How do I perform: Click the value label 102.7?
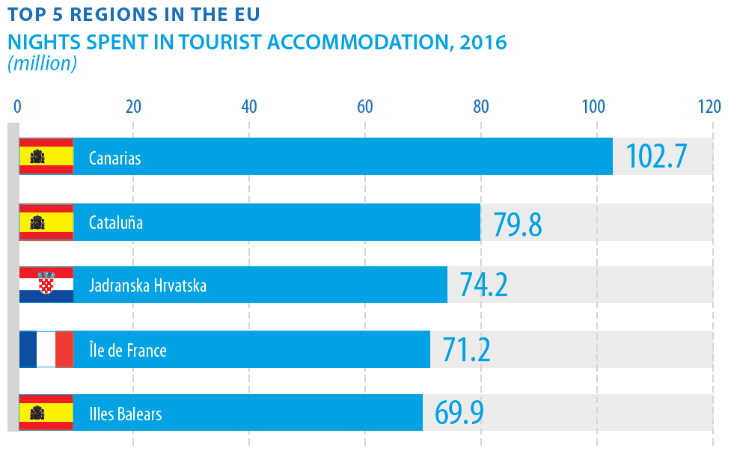click(x=655, y=156)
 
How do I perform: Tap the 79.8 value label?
click(x=517, y=223)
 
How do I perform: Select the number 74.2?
click(x=483, y=286)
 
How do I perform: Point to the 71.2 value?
click(x=466, y=349)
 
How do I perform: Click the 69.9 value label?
click(x=459, y=413)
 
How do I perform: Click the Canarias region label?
click(x=114, y=159)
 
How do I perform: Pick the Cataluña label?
click(x=115, y=223)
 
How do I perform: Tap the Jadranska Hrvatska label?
click(x=147, y=286)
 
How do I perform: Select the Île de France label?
click(x=127, y=350)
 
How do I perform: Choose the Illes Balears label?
click(x=125, y=414)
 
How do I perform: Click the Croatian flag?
click(x=46, y=285)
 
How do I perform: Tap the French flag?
click(x=46, y=349)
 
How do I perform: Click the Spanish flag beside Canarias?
click(x=46, y=156)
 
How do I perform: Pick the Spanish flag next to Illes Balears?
click(x=46, y=413)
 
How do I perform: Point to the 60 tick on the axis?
click(x=365, y=106)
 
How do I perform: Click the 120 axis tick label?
click(x=709, y=106)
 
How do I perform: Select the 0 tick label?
click(x=17, y=106)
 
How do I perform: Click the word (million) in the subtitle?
click(x=43, y=64)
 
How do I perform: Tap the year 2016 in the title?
click(x=483, y=42)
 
